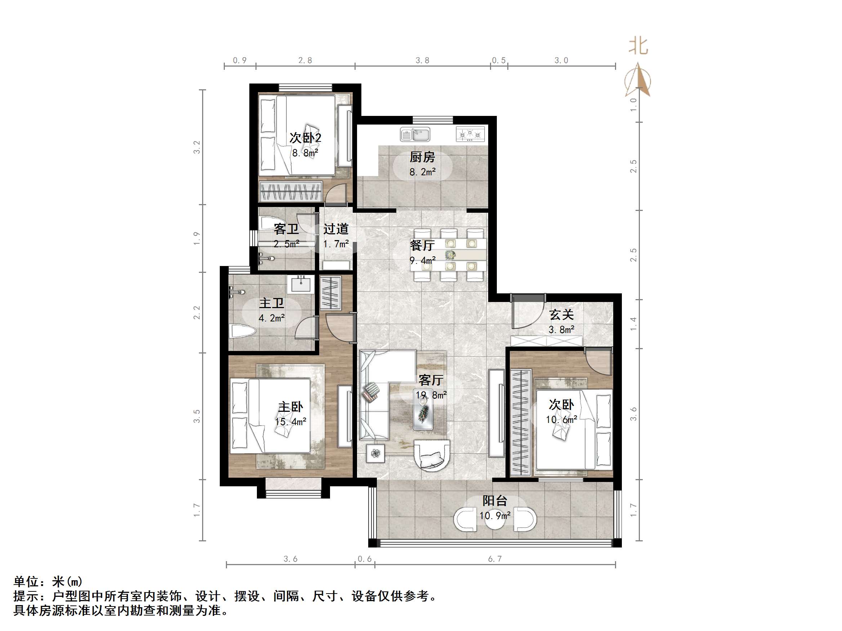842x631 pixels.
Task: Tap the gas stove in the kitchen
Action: pyautogui.click(x=470, y=134)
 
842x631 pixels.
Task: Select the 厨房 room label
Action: pyautogui.click(x=422, y=157)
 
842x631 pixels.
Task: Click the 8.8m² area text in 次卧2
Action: pyautogui.click(x=305, y=153)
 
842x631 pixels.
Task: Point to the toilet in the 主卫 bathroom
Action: pyautogui.click(x=242, y=331)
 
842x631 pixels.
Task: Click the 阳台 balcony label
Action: pyautogui.click(x=495, y=501)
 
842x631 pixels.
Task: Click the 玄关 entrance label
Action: pyautogui.click(x=561, y=315)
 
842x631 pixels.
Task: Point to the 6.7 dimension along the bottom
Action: pyautogui.click(x=495, y=559)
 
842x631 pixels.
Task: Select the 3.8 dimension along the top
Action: pyautogui.click(x=422, y=60)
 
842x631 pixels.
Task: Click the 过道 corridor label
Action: pyautogui.click(x=336, y=229)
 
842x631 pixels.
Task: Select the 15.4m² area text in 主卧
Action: pyautogui.click(x=290, y=422)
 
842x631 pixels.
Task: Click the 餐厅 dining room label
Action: pyautogui.click(x=422, y=245)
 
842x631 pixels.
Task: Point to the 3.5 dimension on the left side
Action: pyautogui.click(x=196, y=416)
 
